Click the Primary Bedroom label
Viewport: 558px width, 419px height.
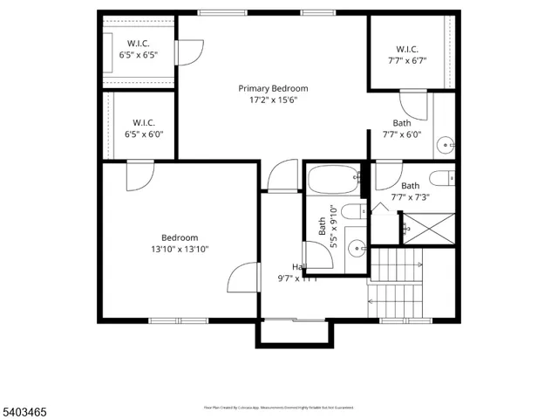click(x=274, y=88)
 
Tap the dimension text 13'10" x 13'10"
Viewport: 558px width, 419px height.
click(x=180, y=249)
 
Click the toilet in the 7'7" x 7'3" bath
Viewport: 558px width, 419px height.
click(x=443, y=178)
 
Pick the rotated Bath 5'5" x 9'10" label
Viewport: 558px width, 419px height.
click(x=326, y=227)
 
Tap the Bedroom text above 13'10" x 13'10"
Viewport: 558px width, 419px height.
click(x=180, y=237)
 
